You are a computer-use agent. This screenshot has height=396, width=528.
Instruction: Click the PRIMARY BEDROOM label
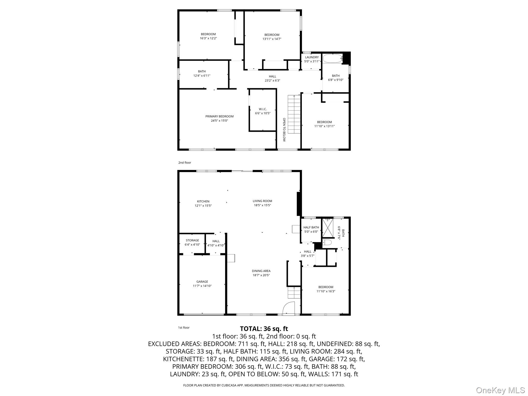coord(219,116)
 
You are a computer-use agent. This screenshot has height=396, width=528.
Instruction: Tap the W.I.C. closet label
coord(263,109)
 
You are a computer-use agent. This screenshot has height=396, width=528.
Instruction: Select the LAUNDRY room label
coord(312,57)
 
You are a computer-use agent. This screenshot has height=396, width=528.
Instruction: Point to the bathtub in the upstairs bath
coord(332,59)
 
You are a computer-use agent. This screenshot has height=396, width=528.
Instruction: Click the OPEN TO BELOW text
coord(284,130)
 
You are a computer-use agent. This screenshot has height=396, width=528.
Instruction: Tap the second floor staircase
coord(294,114)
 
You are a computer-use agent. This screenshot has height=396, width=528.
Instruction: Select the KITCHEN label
coord(203,201)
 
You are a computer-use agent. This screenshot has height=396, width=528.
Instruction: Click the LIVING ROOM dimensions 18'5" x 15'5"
coord(262,205)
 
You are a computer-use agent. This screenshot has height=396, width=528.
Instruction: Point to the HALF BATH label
coord(311,227)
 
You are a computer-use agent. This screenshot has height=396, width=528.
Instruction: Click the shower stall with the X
coord(328,228)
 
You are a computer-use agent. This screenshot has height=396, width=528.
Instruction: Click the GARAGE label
coord(202,282)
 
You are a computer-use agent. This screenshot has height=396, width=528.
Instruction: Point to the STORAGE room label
coord(192,240)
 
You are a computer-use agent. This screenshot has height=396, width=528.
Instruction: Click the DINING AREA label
coord(261,271)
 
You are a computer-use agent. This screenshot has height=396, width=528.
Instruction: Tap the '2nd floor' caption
coord(185,163)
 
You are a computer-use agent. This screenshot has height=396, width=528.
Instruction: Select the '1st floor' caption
coord(184,328)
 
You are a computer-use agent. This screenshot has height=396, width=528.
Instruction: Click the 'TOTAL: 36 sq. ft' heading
coord(264,329)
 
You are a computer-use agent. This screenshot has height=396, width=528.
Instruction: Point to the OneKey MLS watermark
coord(500,390)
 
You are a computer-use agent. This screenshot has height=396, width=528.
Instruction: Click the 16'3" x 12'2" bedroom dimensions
coord(208,38)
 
